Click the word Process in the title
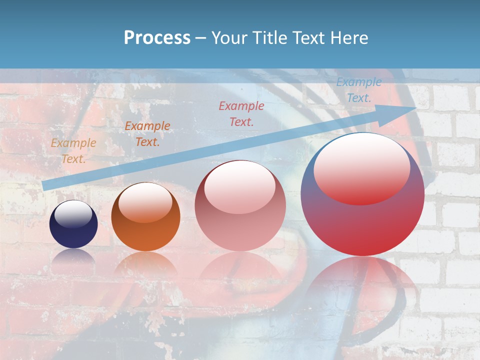[x=157, y=37]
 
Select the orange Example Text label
[x=147, y=134]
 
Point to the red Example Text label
[x=241, y=113]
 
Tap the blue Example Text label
[x=359, y=90]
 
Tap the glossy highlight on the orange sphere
[x=145, y=202]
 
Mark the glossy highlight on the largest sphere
[x=362, y=167]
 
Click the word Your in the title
[x=228, y=37]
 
